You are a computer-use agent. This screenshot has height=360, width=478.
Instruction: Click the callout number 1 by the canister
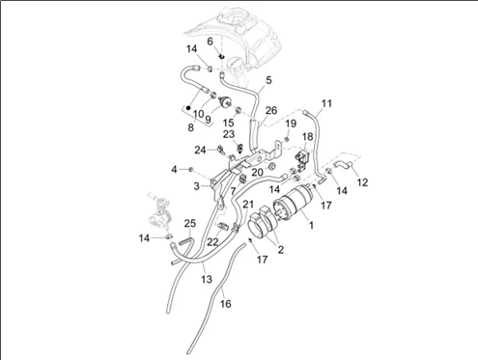tap(311, 225)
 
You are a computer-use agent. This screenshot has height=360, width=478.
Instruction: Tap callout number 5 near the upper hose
tap(268, 80)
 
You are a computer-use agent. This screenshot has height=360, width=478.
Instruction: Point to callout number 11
tap(326, 103)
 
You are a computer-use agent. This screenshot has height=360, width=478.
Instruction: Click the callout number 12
tap(362, 182)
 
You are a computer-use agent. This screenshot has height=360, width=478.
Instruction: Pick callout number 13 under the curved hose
tap(207, 279)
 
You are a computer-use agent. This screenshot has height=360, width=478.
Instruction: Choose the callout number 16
tap(226, 303)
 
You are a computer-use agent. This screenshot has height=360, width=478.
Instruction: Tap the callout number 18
tap(308, 136)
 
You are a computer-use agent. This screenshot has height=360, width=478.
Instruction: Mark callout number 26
tap(271, 110)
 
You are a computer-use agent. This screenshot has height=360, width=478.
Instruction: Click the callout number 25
tap(190, 223)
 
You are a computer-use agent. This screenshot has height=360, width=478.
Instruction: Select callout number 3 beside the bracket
tap(197, 186)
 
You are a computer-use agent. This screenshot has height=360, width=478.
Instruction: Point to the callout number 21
tap(248, 204)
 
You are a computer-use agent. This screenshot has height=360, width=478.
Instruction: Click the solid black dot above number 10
tap(188, 107)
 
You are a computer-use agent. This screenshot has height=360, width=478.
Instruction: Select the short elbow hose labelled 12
tap(345, 165)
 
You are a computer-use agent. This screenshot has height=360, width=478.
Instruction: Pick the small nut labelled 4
tap(190, 169)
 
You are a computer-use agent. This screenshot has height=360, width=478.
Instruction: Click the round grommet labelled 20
tap(272, 166)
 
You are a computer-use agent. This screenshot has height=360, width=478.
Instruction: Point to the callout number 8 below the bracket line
tap(191, 127)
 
